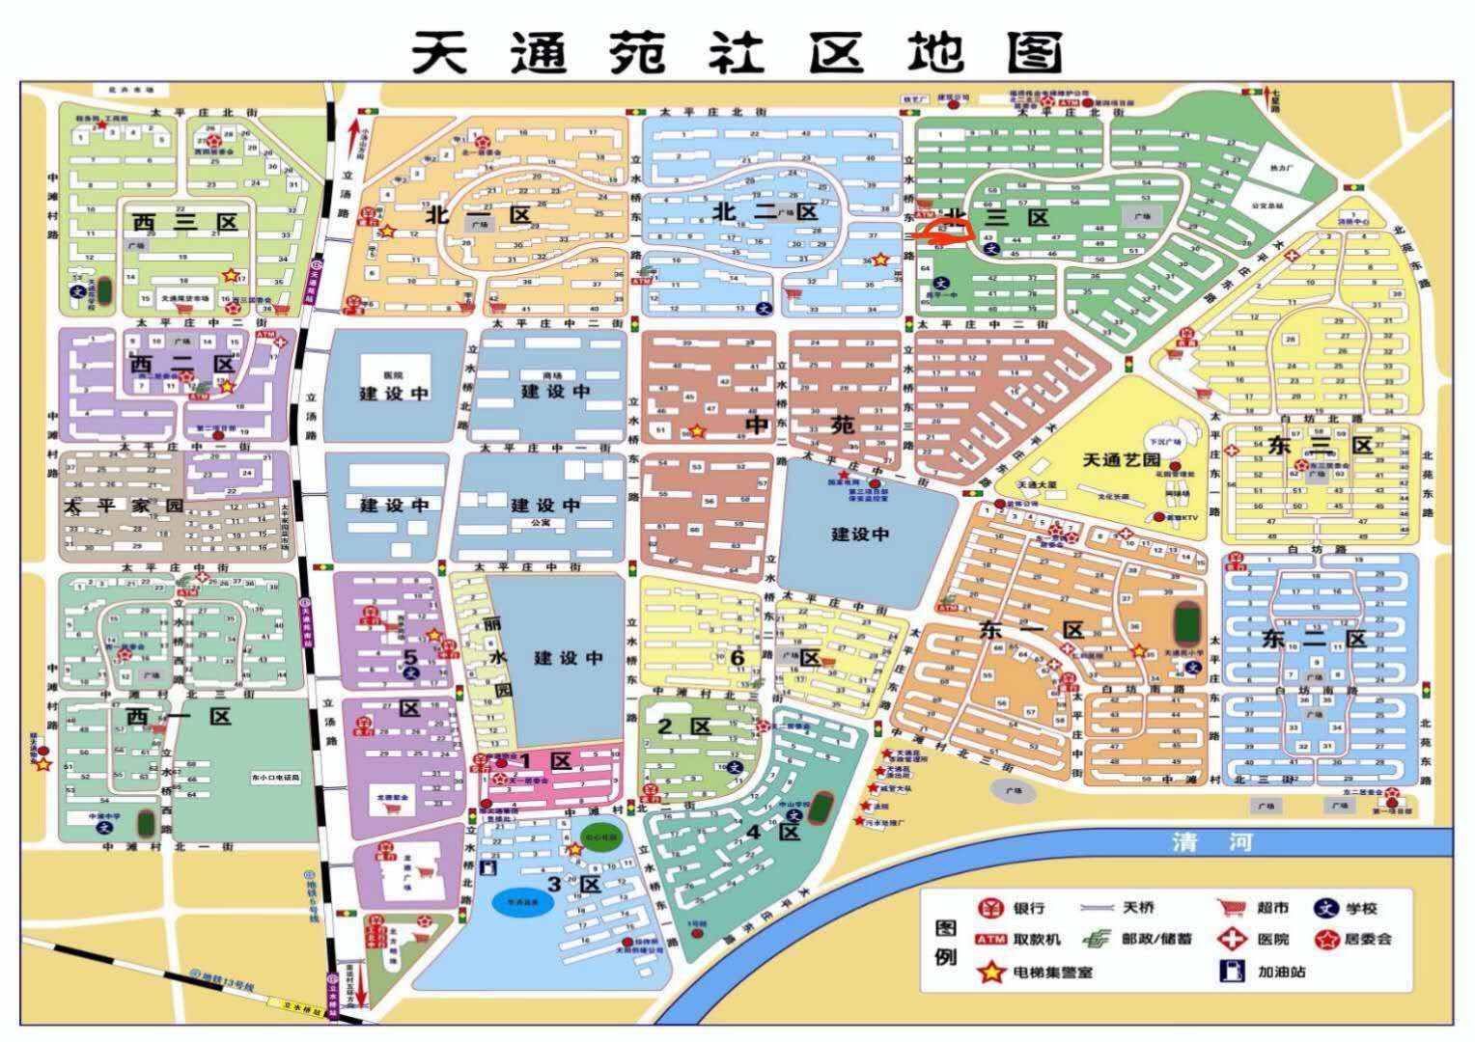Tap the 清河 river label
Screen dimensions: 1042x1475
[1211, 841]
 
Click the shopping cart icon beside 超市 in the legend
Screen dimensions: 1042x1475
[1231, 908]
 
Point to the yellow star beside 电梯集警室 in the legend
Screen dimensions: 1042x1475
[989, 972]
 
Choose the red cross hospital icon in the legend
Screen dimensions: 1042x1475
[1231, 939]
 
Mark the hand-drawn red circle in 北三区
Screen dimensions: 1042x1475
[944, 231]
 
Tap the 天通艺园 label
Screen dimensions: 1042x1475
[1119, 459]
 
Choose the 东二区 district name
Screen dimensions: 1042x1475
[1314, 639]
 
